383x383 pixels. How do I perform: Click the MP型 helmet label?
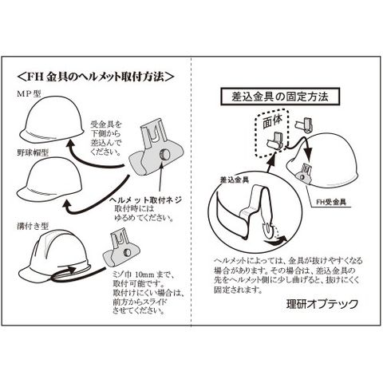tap(29, 94)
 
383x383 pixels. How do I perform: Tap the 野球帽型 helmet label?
tap(33, 152)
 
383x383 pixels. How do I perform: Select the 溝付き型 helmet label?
tap(33, 226)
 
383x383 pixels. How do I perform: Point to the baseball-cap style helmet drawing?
tap(49, 180)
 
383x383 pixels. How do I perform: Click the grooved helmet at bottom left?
tap(53, 257)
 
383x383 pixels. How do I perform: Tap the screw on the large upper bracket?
tap(164, 154)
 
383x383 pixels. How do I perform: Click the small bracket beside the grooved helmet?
tap(121, 249)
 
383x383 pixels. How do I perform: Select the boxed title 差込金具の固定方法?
tap(280, 97)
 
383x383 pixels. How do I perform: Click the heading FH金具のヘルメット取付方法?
tap(96, 77)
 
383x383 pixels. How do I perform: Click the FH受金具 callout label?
tap(331, 202)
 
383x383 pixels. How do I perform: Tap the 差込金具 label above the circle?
tap(235, 180)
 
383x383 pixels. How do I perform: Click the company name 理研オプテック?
tap(322, 304)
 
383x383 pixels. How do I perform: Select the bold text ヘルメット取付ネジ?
tap(146, 199)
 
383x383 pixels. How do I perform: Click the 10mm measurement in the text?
tap(144, 274)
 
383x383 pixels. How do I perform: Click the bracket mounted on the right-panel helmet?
tap(304, 174)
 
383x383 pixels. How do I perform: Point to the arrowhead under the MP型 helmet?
tap(70, 145)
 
